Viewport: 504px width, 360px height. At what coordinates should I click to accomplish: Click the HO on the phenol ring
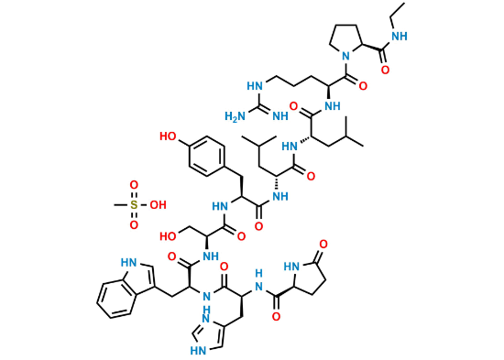point(169,136)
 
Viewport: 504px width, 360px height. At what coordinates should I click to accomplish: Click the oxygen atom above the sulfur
point(133,188)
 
